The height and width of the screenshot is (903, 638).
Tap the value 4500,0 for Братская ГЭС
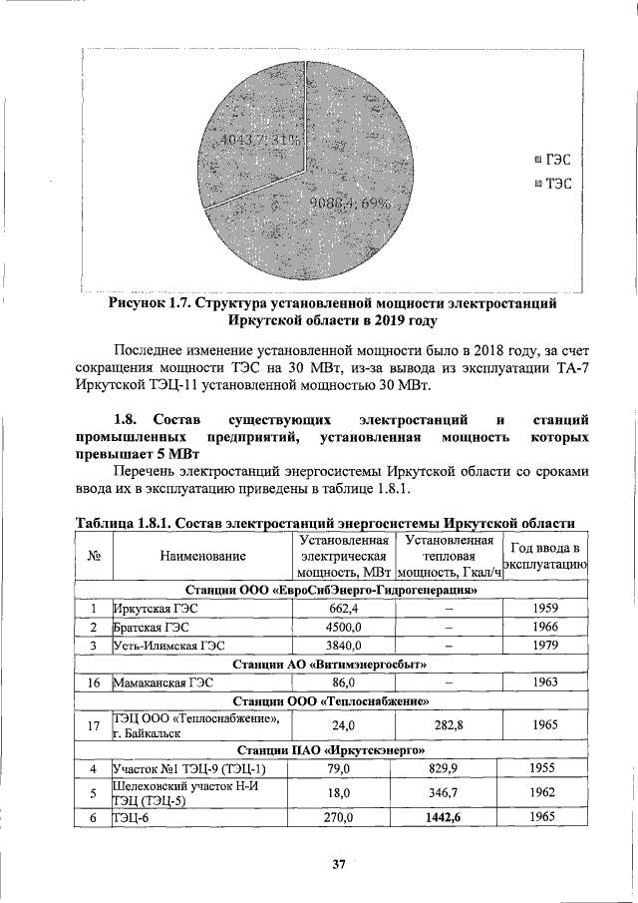(x=342, y=627)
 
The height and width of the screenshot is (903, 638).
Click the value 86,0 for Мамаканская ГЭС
(x=342, y=683)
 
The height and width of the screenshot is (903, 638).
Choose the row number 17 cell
(x=93, y=726)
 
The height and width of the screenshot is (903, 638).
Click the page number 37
(x=338, y=865)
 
